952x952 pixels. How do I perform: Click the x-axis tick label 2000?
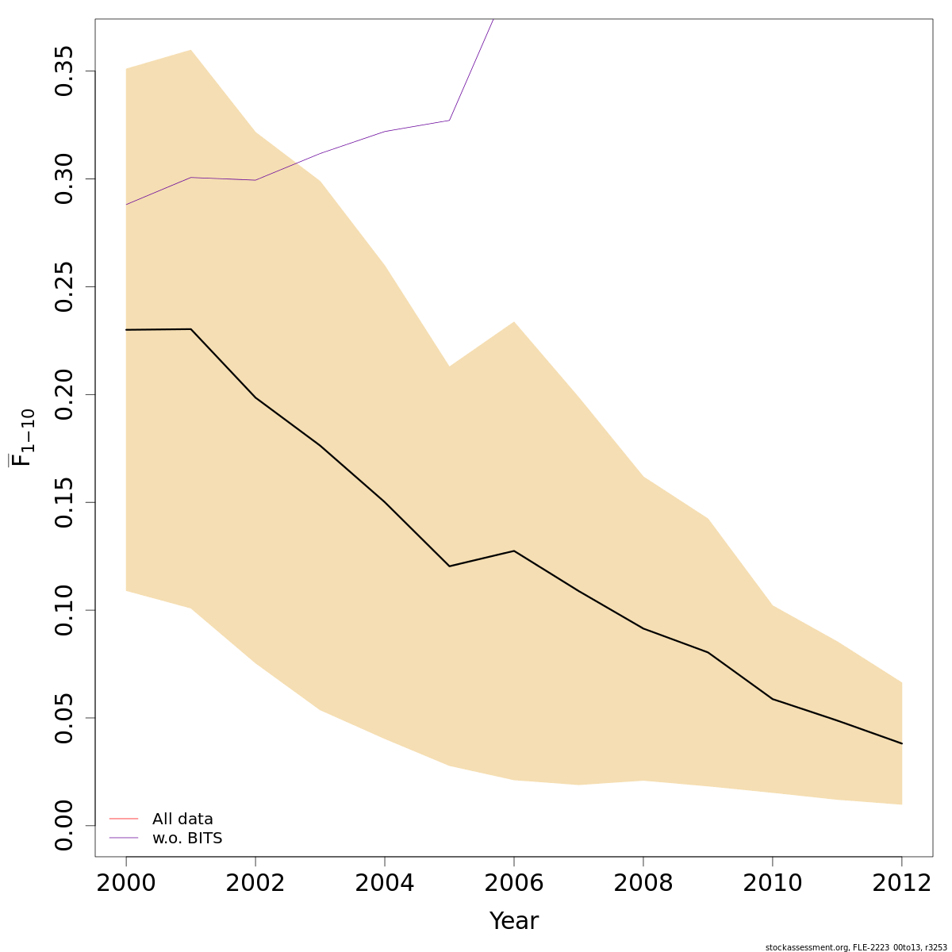[x=126, y=883]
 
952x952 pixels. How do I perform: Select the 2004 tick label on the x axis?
[x=385, y=883]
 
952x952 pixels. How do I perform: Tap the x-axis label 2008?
[x=643, y=883]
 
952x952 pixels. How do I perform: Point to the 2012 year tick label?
[x=902, y=883]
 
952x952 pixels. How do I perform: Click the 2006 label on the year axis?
[x=514, y=883]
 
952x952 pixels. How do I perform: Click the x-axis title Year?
[x=514, y=921]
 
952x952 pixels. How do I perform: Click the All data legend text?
[x=182, y=820]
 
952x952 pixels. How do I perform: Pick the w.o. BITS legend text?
[x=187, y=839]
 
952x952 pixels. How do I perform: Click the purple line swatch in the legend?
[x=124, y=839]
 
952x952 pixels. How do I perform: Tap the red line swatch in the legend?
[x=124, y=819]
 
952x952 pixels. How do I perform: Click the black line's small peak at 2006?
[x=514, y=551]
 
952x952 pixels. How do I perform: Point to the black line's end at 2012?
[x=902, y=743]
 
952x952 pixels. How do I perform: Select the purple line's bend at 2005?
[x=449, y=121]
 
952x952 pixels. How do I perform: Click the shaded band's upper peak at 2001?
[x=191, y=50]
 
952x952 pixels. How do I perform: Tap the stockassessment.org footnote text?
[x=856, y=947]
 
